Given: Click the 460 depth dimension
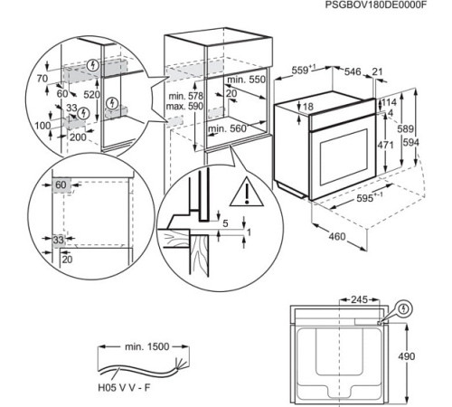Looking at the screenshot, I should coord(336,238).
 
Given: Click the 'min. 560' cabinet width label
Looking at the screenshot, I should coord(226,129).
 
